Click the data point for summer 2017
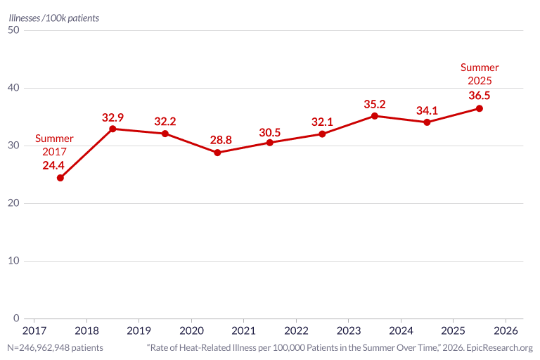point(60,178)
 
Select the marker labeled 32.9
point(112,129)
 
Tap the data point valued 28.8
point(217,153)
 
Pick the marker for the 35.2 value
point(375,116)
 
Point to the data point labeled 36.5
point(479,108)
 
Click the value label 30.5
point(270,133)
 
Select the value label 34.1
point(427,110)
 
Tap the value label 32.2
point(165,122)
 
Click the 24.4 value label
point(53,165)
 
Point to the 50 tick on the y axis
point(13,30)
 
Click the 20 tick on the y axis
point(13,203)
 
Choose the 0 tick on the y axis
point(16,318)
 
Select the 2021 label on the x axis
point(243,330)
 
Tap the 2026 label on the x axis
point(506,330)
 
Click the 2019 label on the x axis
point(139,330)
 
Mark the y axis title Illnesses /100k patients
point(53,18)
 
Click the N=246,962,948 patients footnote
point(55,347)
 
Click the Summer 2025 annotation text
point(480,74)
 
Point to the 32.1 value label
point(322,122)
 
